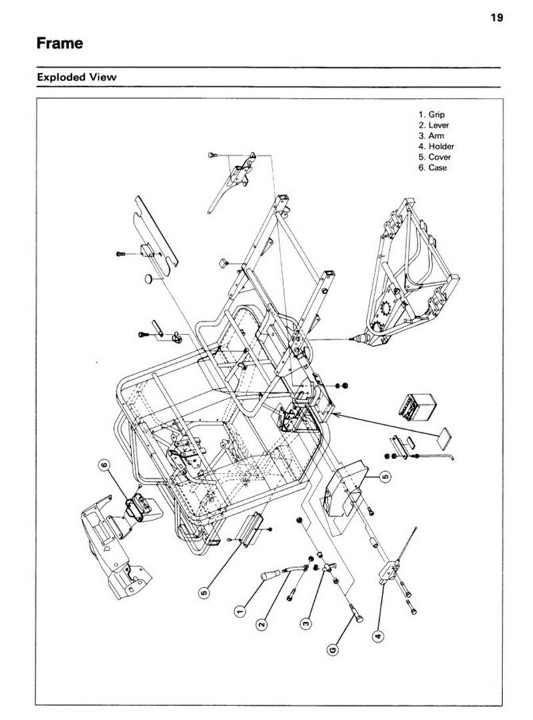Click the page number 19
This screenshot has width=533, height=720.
tap(497, 18)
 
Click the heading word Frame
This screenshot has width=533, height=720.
tap(60, 43)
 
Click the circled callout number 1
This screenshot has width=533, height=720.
tap(239, 611)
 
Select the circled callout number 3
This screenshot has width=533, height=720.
tap(306, 623)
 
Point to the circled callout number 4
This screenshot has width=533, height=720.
tap(378, 636)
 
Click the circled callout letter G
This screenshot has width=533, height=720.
tap(332, 649)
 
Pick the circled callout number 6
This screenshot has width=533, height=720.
tap(105, 466)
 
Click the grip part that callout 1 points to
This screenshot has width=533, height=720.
tap(270, 575)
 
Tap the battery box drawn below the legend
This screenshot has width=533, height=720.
tap(416, 406)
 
